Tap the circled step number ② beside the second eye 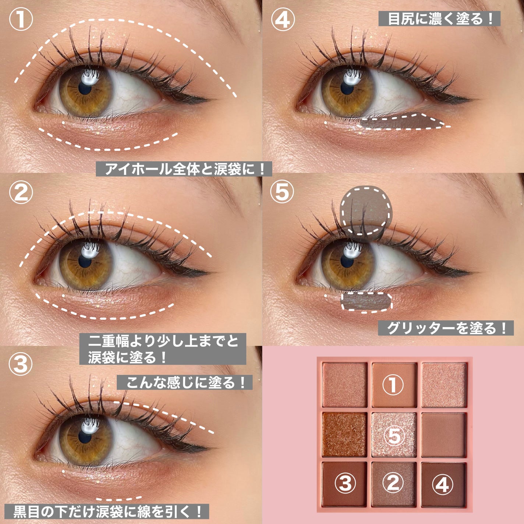coord(21,192)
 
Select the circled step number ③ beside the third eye coord(21,364)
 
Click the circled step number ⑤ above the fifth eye coord(282,192)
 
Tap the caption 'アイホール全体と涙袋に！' coord(184,169)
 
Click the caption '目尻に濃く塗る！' coord(439,18)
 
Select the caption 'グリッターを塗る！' coord(446,328)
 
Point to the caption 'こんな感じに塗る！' coord(185,383)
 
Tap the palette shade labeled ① coord(394,385)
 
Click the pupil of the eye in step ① coord(85,88)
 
